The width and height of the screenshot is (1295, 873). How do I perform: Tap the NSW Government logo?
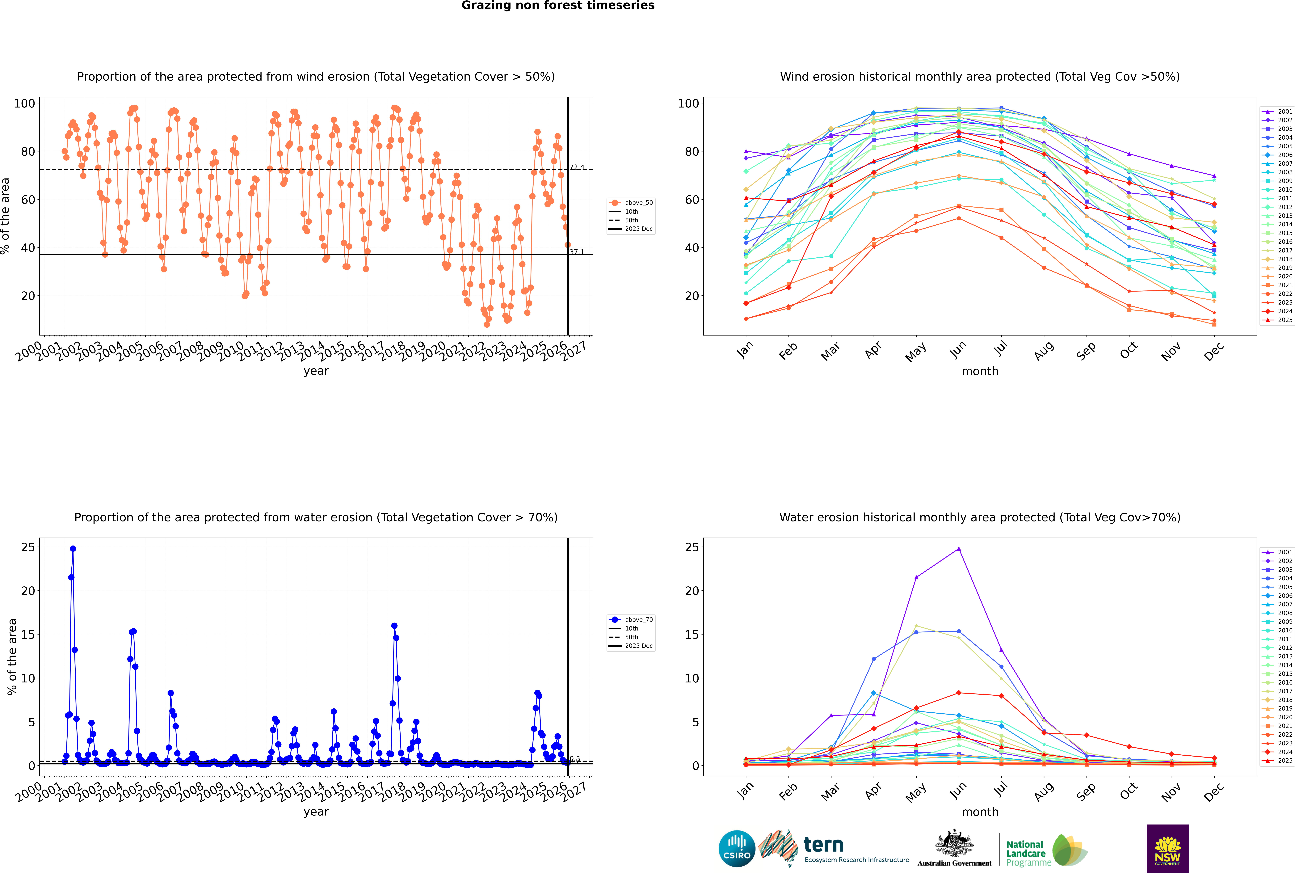click(x=1167, y=849)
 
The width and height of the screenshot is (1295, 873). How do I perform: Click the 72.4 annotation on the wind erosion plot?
click(x=577, y=167)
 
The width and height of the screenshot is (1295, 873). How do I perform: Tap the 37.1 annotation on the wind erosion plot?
click(x=577, y=252)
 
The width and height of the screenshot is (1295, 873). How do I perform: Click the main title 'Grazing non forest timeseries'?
click(x=558, y=6)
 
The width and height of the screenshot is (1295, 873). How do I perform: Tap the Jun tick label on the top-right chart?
click(x=958, y=350)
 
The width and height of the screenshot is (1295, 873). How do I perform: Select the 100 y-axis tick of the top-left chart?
click(x=24, y=103)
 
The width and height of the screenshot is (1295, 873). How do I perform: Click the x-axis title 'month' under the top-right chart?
click(x=980, y=371)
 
